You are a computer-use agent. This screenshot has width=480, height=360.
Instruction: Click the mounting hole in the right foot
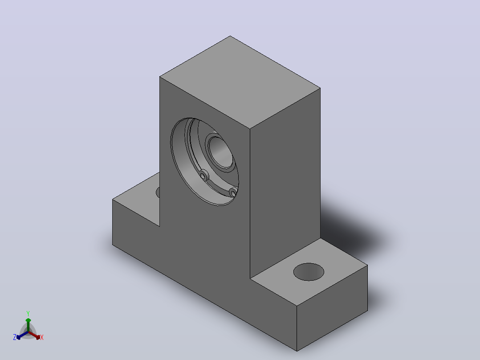tap(309, 272)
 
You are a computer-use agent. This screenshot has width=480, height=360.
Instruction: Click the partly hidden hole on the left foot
tap(158, 192)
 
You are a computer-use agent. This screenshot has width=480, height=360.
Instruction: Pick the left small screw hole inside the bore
tap(203, 176)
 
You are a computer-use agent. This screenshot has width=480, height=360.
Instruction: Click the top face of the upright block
tap(240, 82)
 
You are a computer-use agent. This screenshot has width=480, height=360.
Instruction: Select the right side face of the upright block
tap(285, 183)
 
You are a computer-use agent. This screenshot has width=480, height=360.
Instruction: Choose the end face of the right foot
tap(332, 308)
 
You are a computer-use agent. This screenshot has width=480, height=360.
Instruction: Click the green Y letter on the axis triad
tap(28, 313)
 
